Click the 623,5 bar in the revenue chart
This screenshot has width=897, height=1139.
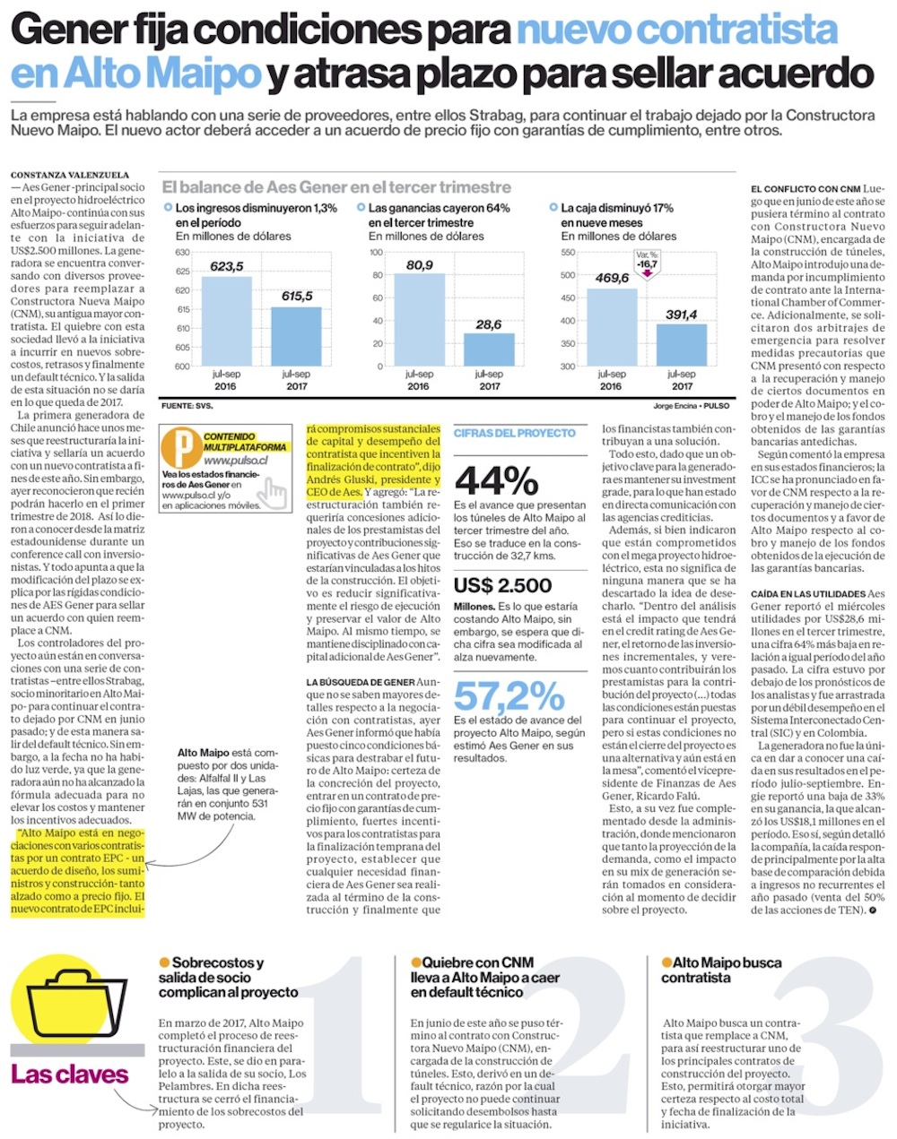[227, 321]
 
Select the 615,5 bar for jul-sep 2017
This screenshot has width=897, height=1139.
[296, 336]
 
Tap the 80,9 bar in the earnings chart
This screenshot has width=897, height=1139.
[419, 319]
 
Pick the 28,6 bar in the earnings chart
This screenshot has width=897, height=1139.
[489, 349]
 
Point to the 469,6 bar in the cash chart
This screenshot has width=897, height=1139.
[612, 327]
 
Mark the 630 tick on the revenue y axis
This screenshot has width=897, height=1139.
[182, 253]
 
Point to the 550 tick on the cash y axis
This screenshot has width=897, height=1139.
[568, 253]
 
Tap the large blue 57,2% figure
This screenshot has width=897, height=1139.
[509, 695]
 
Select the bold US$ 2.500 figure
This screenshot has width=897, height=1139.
[502, 585]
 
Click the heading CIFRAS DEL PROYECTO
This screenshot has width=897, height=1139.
[515, 433]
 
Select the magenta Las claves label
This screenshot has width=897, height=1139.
[70, 1074]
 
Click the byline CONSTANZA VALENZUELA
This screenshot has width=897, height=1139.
[70, 175]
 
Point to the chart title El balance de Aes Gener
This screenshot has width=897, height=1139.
[336, 187]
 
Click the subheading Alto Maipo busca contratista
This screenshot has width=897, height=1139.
[721, 970]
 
